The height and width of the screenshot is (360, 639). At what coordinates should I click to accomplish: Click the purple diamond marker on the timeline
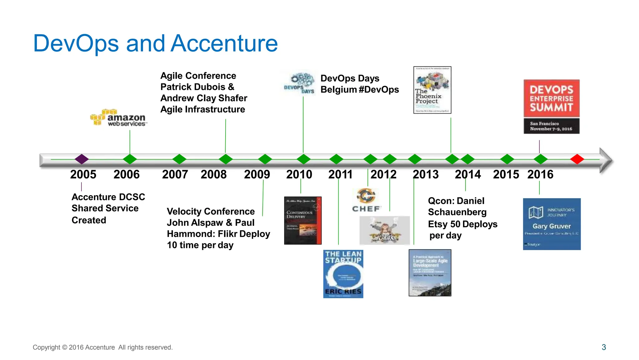pos(82,159)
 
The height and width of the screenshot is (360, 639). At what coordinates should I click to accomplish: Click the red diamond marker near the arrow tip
pos(577,159)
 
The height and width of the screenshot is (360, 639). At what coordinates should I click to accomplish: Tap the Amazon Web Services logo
pos(119,118)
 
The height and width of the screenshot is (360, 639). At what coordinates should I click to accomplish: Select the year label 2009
pos(257,174)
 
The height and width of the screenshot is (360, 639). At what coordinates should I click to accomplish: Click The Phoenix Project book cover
pos(432,90)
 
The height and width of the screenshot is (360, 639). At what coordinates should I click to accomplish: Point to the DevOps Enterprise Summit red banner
pos(551,99)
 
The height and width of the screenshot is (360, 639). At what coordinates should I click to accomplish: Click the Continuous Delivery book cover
pos(303,220)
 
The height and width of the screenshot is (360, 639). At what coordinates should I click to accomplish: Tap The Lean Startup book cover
pos(343,274)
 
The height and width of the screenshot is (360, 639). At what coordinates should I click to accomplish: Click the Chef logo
pos(366,200)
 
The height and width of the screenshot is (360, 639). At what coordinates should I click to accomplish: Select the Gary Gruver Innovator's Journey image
pos(552,224)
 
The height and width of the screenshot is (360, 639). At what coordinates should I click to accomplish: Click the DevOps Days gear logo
pos(300,82)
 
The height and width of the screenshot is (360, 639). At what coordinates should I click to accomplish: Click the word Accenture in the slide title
pos(224,43)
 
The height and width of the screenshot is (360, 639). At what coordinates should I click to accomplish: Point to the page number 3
pos(603,347)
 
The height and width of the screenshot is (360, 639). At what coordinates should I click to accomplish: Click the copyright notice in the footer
pos(103,347)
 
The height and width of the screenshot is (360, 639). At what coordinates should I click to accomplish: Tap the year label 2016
pos(540,174)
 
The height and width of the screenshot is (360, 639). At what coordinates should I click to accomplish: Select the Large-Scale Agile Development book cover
pos(430,273)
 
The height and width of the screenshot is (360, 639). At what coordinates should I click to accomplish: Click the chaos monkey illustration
pos(384,230)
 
